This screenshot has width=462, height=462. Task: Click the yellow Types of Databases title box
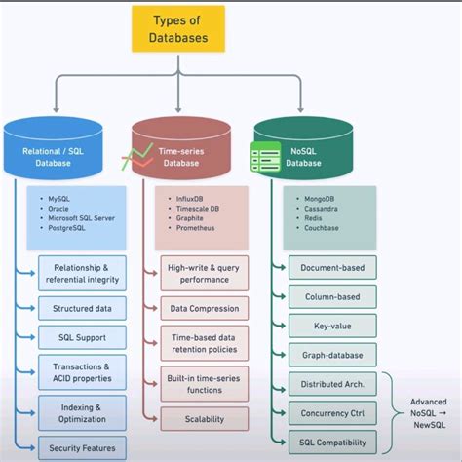[x=179, y=29]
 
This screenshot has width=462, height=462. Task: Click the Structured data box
[x=82, y=309]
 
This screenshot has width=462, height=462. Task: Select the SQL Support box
[x=82, y=338]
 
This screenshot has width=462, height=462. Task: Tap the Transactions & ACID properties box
[x=82, y=373]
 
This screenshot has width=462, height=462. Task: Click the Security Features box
[x=82, y=448]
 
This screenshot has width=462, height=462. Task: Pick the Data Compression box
[x=205, y=309]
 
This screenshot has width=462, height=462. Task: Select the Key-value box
[x=332, y=326]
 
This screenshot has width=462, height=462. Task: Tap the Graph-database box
[x=332, y=355]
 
